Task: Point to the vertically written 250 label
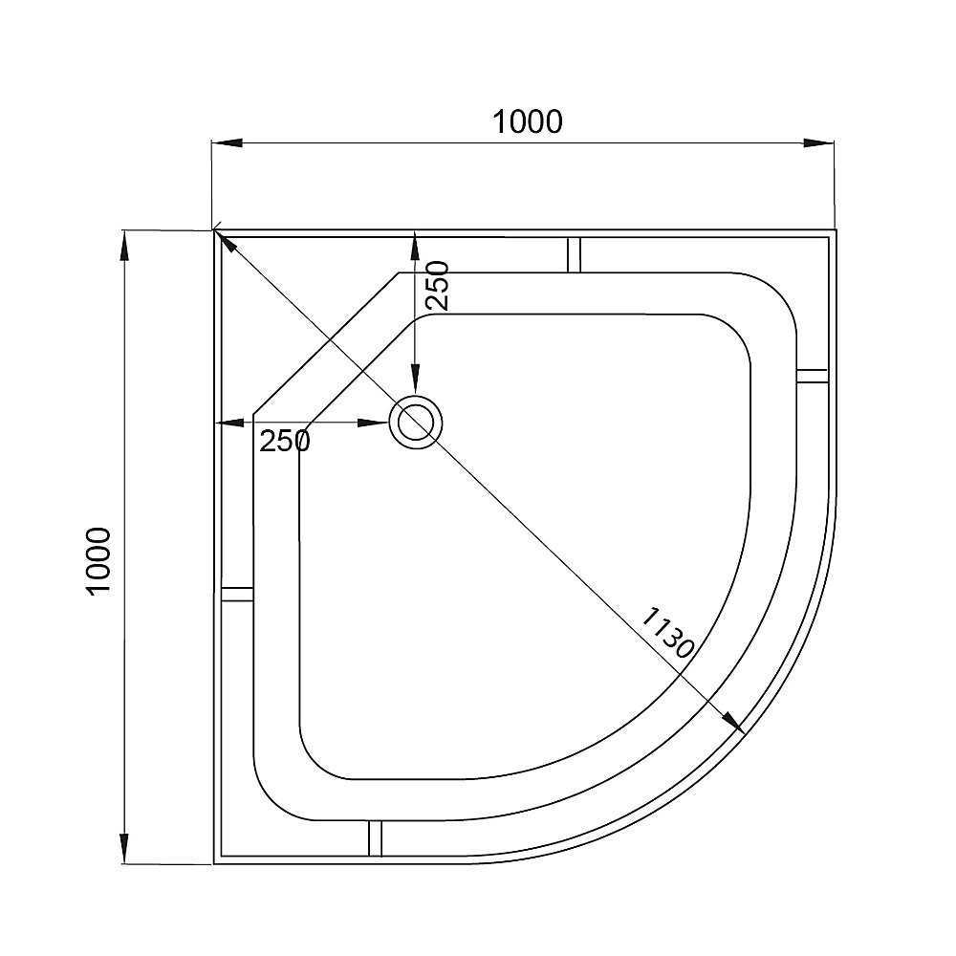[436, 285]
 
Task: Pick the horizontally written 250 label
[285, 441]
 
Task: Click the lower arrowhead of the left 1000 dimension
[123, 847]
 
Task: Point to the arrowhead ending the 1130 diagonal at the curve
[734, 723]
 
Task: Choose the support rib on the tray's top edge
[575, 252]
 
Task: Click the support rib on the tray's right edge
[813, 375]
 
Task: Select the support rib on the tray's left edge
[236, 593]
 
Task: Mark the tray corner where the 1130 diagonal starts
[215, 230]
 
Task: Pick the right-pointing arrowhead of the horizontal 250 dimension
[374, 423]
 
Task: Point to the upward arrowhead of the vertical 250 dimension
[414, 246]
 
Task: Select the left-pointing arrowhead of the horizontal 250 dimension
[229, 423]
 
